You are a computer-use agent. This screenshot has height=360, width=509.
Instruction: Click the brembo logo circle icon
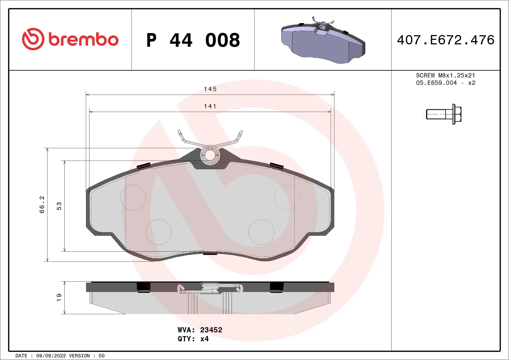(x=33, y=39)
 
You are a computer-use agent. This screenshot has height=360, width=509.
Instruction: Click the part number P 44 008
(x=193, y=40)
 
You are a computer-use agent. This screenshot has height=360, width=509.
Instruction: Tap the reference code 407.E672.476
(x=446, y=40)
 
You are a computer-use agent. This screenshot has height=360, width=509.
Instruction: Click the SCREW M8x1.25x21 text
(x=445, y=75)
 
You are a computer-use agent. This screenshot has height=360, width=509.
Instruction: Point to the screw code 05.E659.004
(x=436, y=83)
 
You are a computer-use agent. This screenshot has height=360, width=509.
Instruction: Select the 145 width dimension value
(x=210, y=89)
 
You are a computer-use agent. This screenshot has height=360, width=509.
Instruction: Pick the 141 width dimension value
(x=210, y=106)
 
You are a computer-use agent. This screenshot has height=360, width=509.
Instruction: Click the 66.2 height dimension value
(x=42, y=205)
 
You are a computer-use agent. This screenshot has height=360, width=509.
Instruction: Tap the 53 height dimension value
(x=59, y=206)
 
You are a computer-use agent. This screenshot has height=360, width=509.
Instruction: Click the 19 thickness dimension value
(x=59, y=297)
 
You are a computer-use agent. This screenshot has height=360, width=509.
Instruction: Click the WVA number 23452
(x=211, y=330)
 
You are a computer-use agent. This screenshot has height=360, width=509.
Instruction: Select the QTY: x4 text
(x=193, y=339)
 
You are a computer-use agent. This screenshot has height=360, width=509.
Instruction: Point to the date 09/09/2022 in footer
(x=51, y=356)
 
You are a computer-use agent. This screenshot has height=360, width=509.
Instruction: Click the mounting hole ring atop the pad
(x=210, y=155)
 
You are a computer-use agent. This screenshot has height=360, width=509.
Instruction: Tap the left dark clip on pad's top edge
(x=144, y=166)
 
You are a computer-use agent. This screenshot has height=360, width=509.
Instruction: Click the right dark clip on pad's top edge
(x=277, y=166)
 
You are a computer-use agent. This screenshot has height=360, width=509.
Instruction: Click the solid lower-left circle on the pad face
(x=159, y=232)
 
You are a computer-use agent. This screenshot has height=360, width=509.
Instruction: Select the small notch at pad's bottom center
(x=210, y=253)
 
